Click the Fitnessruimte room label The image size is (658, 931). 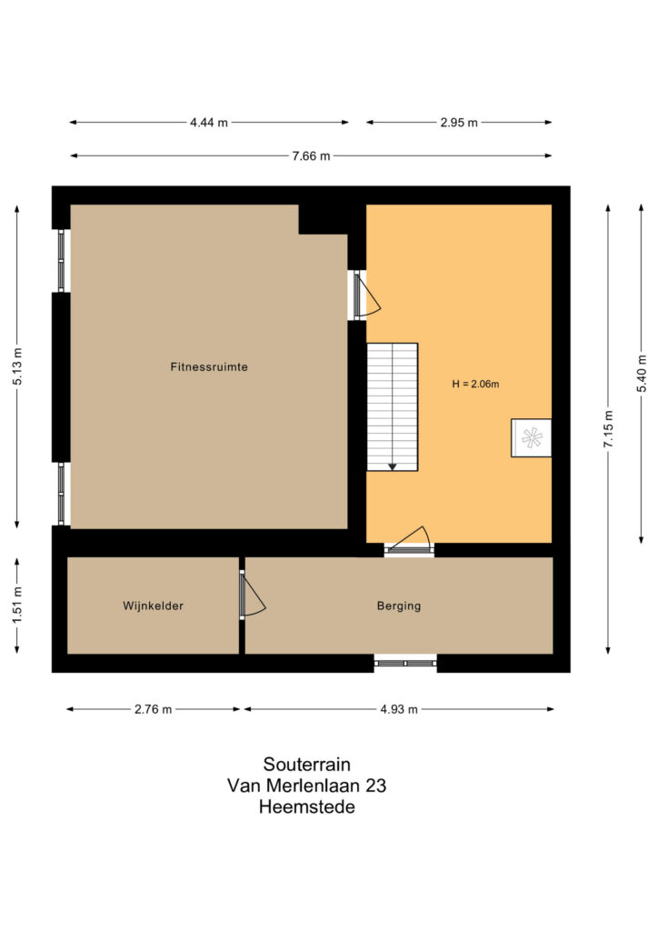coord(209,367)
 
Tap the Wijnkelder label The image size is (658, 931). coord(153,606)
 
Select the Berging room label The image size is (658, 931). coord(399,606)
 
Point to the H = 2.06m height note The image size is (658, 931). coord(475,385)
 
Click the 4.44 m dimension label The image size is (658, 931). coord(209,123)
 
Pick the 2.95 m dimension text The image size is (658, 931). coord(459,123)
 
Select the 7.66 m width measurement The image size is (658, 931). coord(311,156)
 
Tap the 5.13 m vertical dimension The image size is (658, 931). coord(17,365)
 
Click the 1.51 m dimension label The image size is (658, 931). coord(17,605)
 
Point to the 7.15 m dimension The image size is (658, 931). coord(608,428)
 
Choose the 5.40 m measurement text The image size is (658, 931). coord(642,373)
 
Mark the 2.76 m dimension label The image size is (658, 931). coord(153,709)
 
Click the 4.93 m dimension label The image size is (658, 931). coord(399,709)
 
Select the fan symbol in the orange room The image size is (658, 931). coord(531,438)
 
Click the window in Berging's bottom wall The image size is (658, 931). coord(405,663)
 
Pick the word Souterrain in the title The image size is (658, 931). coord(307,764)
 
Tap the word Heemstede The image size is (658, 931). coord(307,807)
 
